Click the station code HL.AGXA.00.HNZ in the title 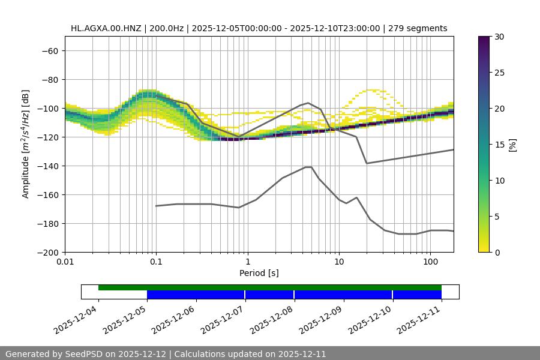coord(106,28)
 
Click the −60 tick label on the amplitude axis coord(49,50)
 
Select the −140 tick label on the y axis coord(47,166)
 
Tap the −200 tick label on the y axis coord(47,252)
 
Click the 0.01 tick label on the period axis coord(65,262)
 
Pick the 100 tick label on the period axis coord(430,262)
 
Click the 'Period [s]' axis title coord(259,273)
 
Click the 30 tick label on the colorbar coord(499,37)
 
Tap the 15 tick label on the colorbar coord(499,145)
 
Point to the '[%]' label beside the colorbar coord(512,145)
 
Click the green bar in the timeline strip coord(270,287)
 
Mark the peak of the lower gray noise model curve coord(308,167)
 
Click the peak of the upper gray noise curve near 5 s coord(308,103)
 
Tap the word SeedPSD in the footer coord(84,354)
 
